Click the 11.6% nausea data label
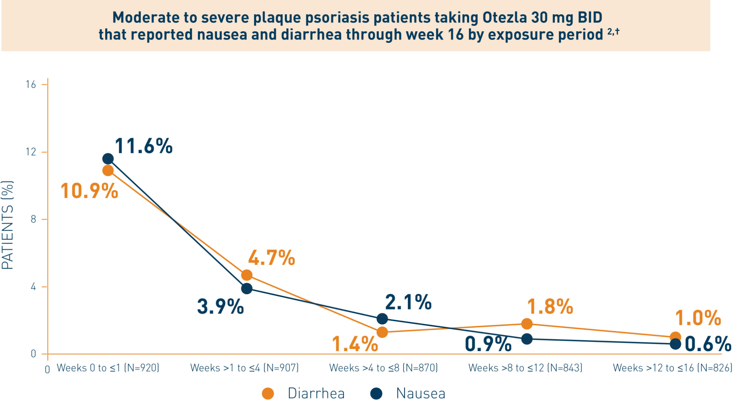tap(144, 146)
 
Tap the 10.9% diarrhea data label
tap(89, 191)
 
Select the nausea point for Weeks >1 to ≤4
tap(246, 288)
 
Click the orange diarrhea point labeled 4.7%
tap(246, 275)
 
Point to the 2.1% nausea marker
tap(382, 319)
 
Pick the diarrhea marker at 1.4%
tap(382, 332)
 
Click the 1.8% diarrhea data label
tap(550, 306)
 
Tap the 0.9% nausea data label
tap(488, 344)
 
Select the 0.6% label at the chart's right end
tap(708, 344)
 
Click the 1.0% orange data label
tap(698, 318)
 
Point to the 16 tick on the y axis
tap(31, 84)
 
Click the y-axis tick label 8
tap(33, 219)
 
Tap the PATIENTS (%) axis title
tap(7, 225)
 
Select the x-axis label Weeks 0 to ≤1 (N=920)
tap(108, 368)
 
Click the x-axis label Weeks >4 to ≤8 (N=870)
tap(384, 368)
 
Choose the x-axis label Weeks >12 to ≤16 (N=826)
tap(673, 368)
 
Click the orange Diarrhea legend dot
tap(268, 393)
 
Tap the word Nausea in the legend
tap(421, 393)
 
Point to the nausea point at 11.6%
tap(108, 159)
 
